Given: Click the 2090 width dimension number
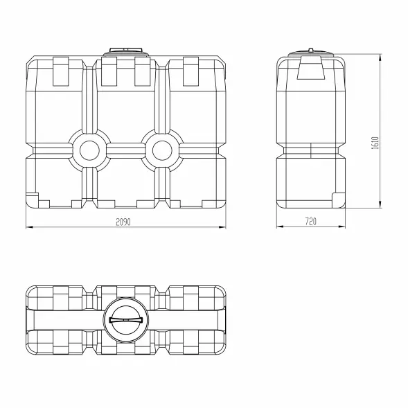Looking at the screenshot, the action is pos(123,222).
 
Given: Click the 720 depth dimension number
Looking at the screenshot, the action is pos(311,222).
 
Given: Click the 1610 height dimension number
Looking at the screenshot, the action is pos(375,143).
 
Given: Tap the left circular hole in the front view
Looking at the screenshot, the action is pos(89,150).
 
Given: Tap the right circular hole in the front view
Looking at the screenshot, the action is pos(162,150).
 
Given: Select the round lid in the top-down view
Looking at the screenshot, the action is pos(126,320).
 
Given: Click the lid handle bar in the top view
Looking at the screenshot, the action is pos(126,320).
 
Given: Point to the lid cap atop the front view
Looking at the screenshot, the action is pos(125,52).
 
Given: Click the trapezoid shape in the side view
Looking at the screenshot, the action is pos(311,68).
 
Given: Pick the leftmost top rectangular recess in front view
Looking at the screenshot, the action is pos(61,71).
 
